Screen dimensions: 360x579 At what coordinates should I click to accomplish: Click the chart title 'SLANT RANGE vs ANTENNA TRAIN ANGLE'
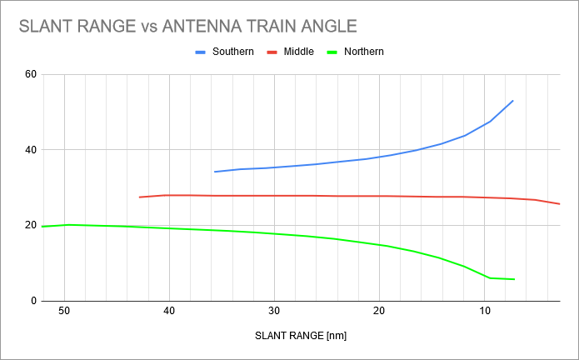[188, 26]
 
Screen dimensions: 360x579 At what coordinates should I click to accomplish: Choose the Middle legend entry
[298, 52]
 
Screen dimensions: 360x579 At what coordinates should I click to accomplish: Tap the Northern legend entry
[363, 52]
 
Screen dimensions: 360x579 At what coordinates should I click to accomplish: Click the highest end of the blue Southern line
[513, 101]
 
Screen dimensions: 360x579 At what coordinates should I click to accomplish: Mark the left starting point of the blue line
[215, 172]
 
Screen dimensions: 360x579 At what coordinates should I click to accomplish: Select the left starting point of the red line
[139, 197]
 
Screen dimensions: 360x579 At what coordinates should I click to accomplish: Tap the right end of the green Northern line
[514, 279]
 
